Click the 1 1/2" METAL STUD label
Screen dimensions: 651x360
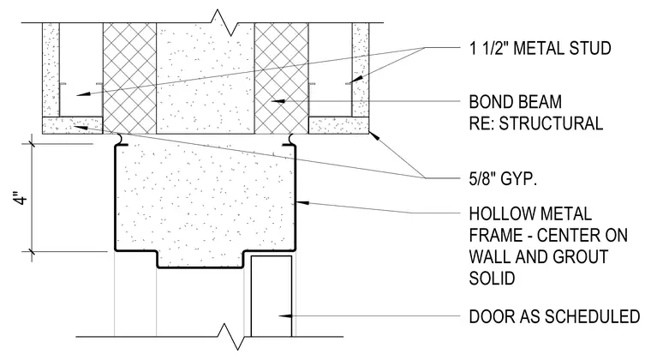coord(540,48)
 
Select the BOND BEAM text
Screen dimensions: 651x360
coord(516,102)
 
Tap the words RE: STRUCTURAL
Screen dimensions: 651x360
coord(535,123)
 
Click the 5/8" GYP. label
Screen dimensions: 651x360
coord(503,178)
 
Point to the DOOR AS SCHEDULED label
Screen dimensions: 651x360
coord(555,316)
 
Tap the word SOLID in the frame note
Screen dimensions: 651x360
coord(492,279)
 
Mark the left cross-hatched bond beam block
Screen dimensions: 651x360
coord(129,78)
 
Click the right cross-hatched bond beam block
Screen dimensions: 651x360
coord(282,78)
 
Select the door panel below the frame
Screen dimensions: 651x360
coord(272,296)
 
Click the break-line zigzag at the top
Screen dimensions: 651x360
coord(224,22)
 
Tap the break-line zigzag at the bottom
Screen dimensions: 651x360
coord(230,336)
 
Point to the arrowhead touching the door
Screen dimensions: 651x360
coord(284,316)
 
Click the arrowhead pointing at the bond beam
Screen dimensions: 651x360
coord(278,101)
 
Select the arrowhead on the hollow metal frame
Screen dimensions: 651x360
coord(302,202)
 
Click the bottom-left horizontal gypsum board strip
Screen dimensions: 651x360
coord(73,125)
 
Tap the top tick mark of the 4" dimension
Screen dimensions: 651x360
coord(32,145)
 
